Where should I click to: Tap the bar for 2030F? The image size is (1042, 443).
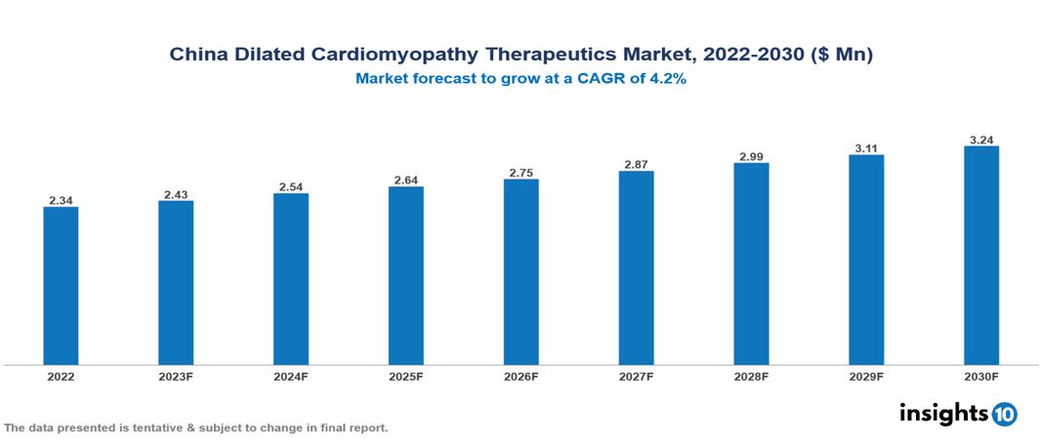click(980, 255)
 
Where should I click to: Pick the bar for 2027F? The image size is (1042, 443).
click(636, 267)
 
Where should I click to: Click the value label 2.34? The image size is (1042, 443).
click(61, 200)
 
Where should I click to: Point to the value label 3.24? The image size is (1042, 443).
click(980, 140)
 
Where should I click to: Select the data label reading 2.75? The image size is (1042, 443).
click(521, 173)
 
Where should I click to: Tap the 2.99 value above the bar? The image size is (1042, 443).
click(751, 156)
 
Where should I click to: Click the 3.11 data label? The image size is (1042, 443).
click(866, 148)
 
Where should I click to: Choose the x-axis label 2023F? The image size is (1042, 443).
click(176, 376)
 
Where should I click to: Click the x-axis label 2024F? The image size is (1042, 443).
click(291, 376)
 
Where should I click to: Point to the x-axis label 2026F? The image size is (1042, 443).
click(521, 376)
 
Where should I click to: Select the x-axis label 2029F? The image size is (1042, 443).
click(866, 376)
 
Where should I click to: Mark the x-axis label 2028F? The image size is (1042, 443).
click(751, 376)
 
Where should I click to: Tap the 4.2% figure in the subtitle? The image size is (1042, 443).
click(667, 79)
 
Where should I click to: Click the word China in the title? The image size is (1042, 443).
click(198, 55)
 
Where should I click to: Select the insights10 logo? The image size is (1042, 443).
click(958, 413)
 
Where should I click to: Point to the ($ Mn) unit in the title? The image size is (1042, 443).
click(844, 55)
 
